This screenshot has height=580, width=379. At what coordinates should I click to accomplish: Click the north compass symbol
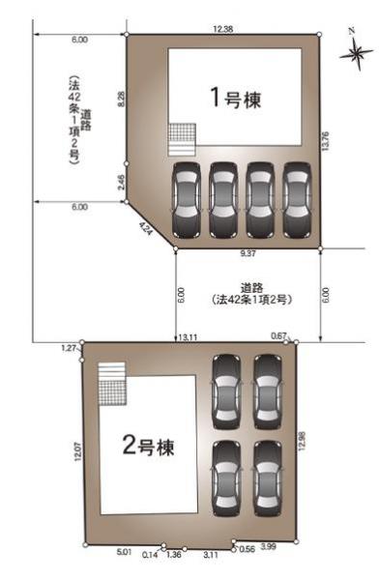point(356,53)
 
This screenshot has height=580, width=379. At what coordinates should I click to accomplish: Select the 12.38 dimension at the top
point(222,28)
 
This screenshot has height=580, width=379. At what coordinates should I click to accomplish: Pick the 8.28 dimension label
point(120,99)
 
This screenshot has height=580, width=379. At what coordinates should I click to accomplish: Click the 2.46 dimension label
point(120,181)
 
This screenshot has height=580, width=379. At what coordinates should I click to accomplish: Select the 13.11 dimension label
point(188,336)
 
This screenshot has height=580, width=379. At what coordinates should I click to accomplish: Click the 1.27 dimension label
point(68,346)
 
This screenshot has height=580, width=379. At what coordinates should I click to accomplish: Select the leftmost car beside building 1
point(187,199)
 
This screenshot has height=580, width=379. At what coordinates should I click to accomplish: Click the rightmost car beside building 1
point(298,199)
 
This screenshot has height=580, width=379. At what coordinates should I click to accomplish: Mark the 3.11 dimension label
point(211,555)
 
